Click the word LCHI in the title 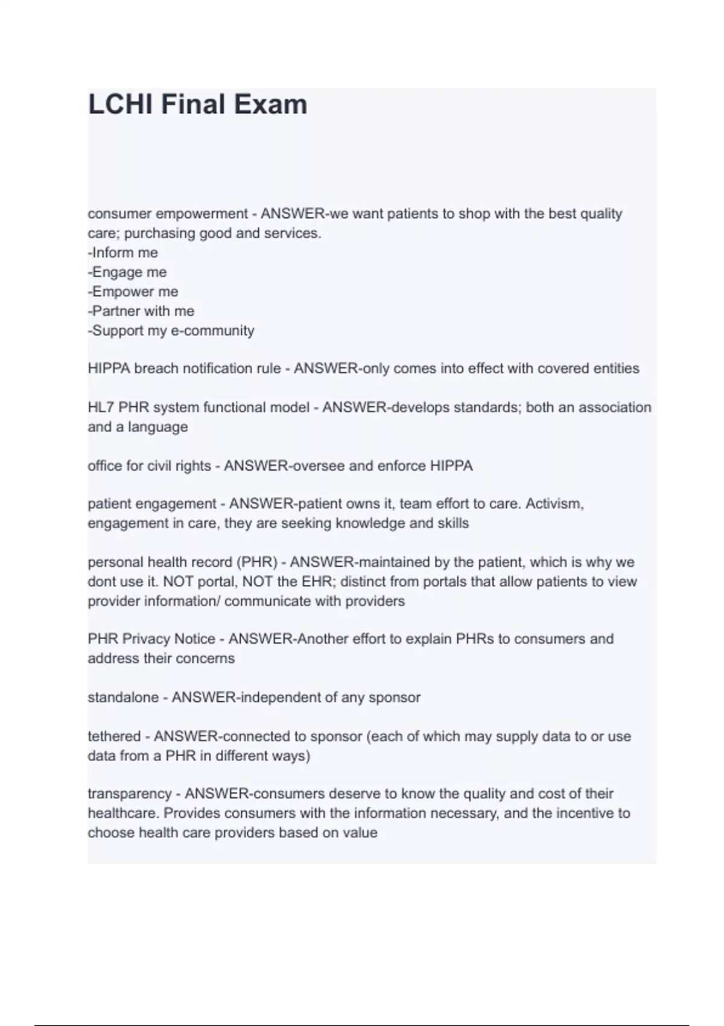(119, 104)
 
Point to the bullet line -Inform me (123, 252)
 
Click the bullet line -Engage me (127, 272)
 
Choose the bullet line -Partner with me (141, 311)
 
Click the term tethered (114, 736)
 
